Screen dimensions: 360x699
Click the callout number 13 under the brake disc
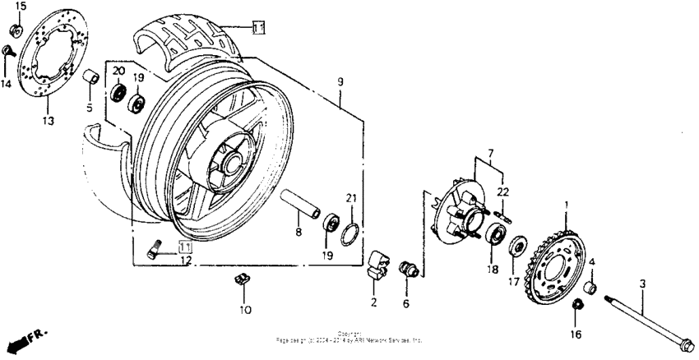47,122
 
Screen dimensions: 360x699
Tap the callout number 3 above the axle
644,284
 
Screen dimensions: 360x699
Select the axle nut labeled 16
577,307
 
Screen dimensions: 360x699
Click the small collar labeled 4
590,288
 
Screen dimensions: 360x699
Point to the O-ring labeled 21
349,233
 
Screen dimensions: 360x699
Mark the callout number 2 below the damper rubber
373,303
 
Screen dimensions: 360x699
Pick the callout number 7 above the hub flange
492,154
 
